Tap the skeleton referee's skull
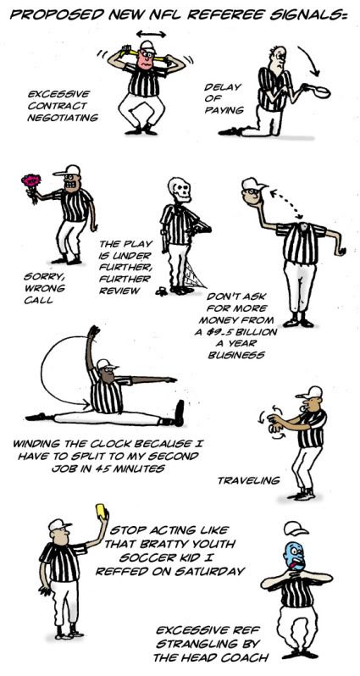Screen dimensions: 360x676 [180, 190]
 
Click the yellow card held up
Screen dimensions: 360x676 [102, 511]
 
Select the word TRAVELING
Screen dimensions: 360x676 [248, 479]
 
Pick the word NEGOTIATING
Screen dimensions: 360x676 [63, 117]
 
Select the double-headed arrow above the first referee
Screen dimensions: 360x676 [151, 34]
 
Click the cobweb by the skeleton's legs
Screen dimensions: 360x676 [195, 276]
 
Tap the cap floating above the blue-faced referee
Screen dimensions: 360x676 [296, 528]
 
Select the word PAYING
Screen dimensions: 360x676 [224, 110]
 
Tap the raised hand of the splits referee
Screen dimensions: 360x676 [93, 333]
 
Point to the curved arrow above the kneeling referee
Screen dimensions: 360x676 [311, 59]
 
